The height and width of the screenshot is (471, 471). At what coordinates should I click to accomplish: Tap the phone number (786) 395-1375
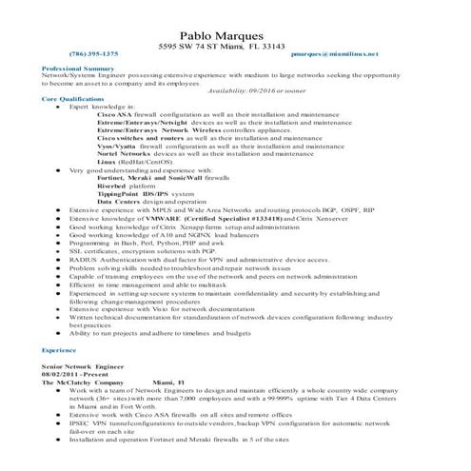pyautogui.click(x=94, y=55)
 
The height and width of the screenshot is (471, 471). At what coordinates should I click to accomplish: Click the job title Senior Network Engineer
pyautogui.click(x=83, y=366)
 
